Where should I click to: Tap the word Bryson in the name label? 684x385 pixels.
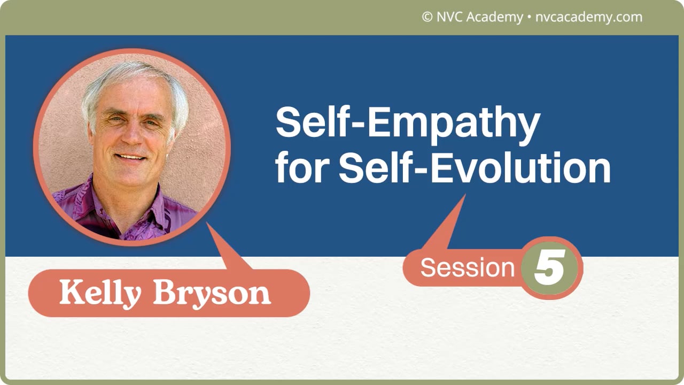pos(212,293)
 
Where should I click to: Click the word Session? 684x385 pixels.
pos(467,267)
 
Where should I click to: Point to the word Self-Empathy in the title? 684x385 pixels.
pos(407,122)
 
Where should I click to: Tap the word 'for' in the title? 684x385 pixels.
pos(302,168)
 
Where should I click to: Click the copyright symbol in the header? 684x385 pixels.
pos(427,17)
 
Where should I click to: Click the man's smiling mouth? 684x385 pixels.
pos(130,157)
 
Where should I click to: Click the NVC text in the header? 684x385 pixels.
pos(450,17)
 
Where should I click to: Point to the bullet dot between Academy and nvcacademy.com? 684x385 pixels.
pos(529,17)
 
